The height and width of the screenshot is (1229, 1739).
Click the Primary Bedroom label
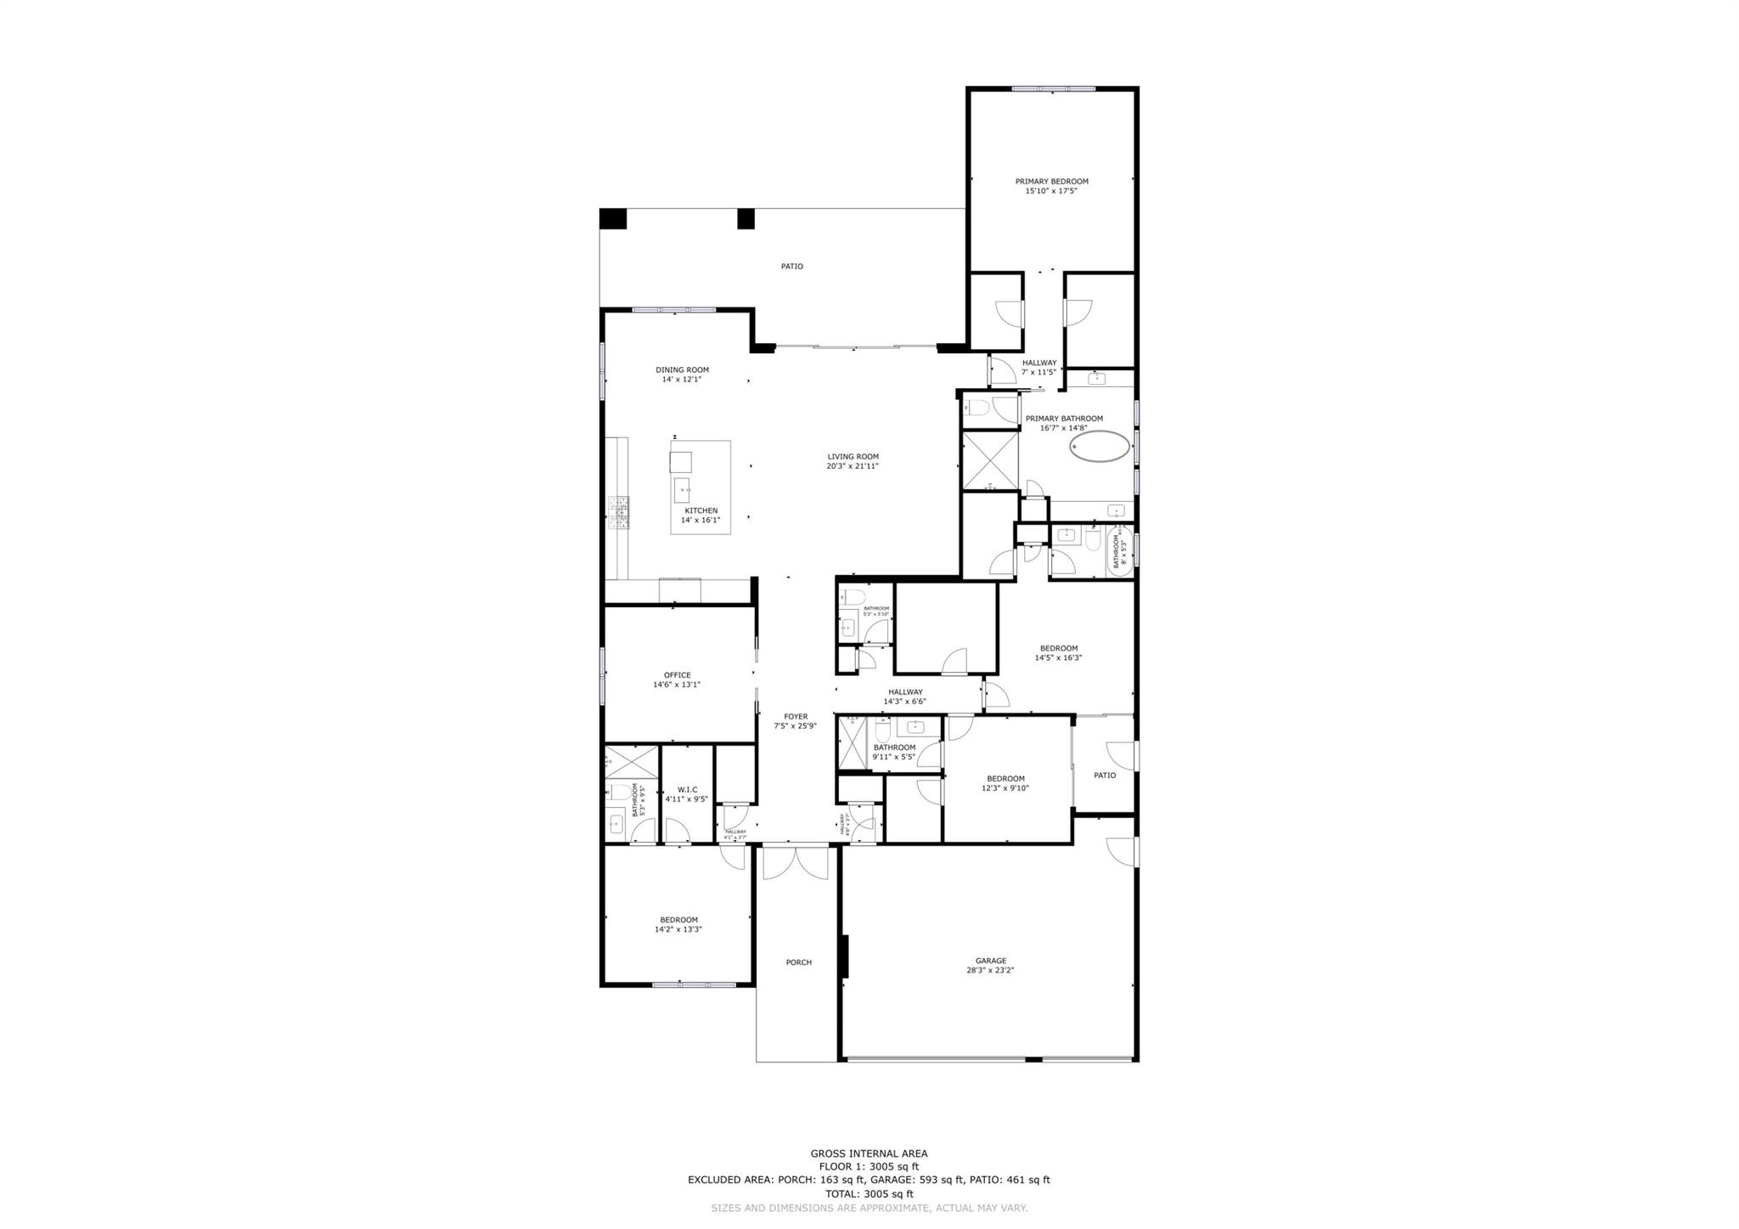coord(1051,181)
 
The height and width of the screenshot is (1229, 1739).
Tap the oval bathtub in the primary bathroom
coord(1100,447)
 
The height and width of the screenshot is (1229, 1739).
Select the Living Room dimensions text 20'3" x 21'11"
coord(853,466)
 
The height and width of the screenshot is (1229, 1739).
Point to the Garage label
coord(990,961)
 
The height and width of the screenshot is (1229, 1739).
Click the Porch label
coord(798,962)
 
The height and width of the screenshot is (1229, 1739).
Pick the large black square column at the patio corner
coord(612,218)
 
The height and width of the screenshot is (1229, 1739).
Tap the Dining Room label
coord(682,369)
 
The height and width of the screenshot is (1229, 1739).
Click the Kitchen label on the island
coord(701,510)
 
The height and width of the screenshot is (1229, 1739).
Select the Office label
coord(677,675)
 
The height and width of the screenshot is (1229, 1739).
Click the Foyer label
coord(796,716)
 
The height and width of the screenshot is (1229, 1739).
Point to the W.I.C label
coord(687,789)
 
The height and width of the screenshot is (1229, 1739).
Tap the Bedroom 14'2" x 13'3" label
coord(678,920)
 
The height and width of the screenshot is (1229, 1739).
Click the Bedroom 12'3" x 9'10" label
coord(1005,778)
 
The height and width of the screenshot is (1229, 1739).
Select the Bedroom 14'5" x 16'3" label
coord(1058,648)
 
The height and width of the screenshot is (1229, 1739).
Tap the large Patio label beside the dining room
coord(791,267)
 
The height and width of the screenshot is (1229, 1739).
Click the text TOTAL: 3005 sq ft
coord(869,1193)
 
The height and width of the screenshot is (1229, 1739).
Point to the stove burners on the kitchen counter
coord(617,512)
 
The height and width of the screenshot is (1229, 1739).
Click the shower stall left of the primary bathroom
coord(990,459)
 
